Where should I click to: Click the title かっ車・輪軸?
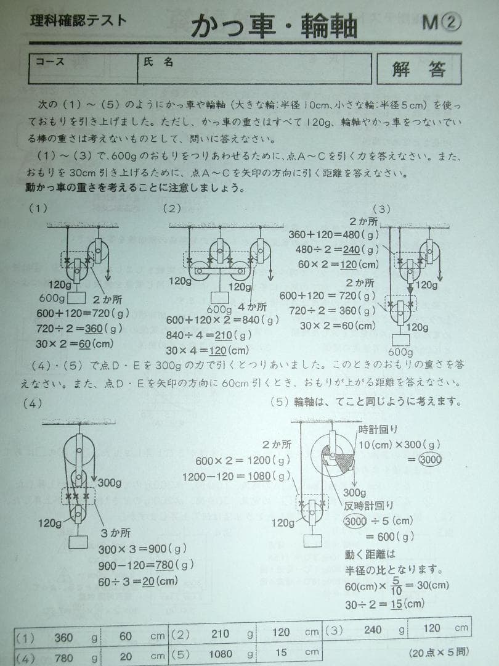pyautogui.click(x=274, y=27)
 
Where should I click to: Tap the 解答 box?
pyautogui.click(x=419, y=68)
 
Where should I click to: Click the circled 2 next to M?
pyautogui.click(x=452, y=23)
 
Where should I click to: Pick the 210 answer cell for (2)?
pyautogui.click(x=220, y=633)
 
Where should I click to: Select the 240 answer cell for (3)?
pyautogui.click(x=373, y=630)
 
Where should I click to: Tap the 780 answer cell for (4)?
pyautogui.click(x=63, y=658)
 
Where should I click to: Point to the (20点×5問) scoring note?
pyautogui.click(x=438, y=651)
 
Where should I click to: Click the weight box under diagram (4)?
pyautogui.click(x=78, y=542)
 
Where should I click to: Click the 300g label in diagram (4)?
pyautogui.click(x=108, y=482)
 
